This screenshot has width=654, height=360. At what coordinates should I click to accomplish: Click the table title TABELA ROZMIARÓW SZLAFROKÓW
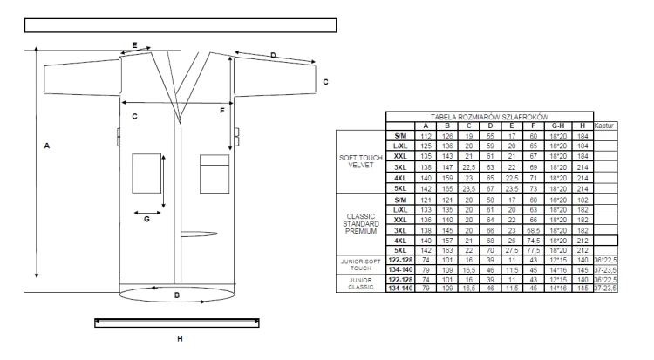pyautogui.click(x=489, y=117)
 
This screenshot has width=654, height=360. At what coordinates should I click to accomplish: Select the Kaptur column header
pyautogui.click(x=604, y=126)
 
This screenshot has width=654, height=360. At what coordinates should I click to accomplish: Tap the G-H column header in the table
pyautogui.click(x=558, y=126)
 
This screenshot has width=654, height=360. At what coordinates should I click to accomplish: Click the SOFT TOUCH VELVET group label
pyautogui.click(x=361, y=161)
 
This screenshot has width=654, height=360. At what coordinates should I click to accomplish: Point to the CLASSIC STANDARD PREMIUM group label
pyautogui.click(x=361, y=224)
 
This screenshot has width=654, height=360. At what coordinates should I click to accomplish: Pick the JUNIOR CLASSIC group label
pyautogui.click(x=361, y=283)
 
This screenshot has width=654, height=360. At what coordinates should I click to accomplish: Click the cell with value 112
pyautogui.click(x=426, y=136)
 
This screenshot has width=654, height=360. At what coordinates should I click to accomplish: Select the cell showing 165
pyautogui.click(x=447, y=188)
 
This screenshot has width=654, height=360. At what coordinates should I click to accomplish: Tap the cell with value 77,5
pyautogui.click(x=533, y=250)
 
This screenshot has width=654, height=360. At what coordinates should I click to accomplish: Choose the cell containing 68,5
pyautogui.click(x=533, y=230)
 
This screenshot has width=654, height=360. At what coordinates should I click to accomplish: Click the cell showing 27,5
pyautogui.click(x=512, y=250)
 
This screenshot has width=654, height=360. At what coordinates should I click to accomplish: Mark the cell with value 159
pyautogui.click(x=447, y=178)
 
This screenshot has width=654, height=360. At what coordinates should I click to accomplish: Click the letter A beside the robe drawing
pyautogui.click(x=47, y=146)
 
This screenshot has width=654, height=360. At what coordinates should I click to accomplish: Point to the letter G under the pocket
pyautogui.click(x=146, y=219)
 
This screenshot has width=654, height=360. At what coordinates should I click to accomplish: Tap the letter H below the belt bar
pyautogui.click(x=180, y=339)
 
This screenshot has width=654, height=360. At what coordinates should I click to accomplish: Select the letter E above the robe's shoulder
pyautogui.click(x=134, y=45)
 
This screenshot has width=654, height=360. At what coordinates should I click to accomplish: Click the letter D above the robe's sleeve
pyautogui.click(x=273, y=55)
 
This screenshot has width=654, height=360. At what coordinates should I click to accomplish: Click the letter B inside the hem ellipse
pyautogui.click(x=177, y=295)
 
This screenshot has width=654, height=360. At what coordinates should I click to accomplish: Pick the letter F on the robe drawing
pyautogui.click(x=221, y=111)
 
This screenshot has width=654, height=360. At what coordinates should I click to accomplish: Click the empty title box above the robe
pyautogui.click(x=181, y=25)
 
